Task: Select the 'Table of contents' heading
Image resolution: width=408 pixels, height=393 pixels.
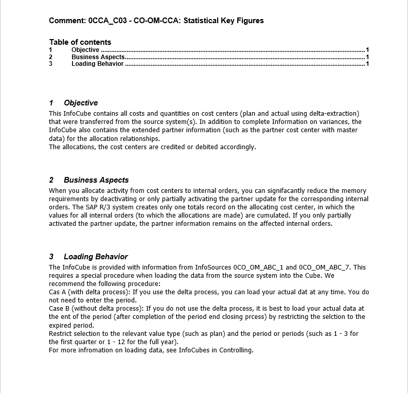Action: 80,42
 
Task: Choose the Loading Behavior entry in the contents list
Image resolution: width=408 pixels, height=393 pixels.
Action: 97,64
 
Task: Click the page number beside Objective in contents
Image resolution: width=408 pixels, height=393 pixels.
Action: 367,50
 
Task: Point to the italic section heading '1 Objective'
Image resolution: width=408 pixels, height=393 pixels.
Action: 74,103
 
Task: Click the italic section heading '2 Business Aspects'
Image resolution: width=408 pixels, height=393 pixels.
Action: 89,180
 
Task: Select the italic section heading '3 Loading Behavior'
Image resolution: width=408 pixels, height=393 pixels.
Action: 88,257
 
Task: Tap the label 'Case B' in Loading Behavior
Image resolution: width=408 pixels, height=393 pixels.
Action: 59,309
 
